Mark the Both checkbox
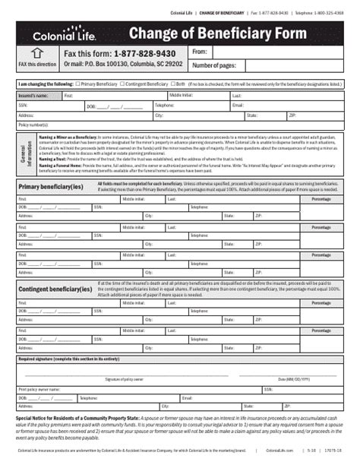pos(172,84)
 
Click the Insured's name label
pos(33,96)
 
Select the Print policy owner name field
pos(137,389)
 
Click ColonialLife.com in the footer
pos(280,451)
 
